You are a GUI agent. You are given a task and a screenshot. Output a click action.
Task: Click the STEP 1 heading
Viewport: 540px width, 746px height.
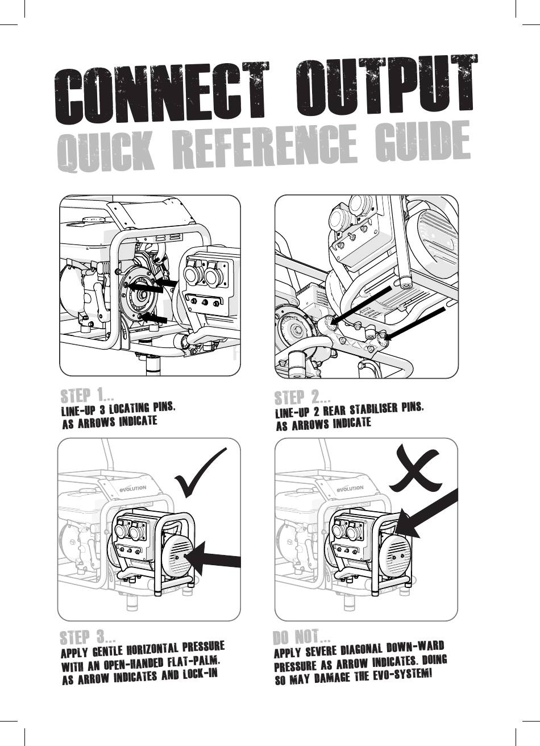click(87, 395)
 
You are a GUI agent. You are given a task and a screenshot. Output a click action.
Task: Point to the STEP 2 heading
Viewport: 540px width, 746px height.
click(302, 397)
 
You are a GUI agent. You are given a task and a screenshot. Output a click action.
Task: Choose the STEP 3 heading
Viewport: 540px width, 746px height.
click(88, 637)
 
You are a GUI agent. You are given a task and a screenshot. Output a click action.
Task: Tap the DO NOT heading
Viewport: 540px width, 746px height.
click(301, 636)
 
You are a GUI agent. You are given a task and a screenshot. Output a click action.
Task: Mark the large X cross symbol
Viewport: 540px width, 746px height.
click(416, 467)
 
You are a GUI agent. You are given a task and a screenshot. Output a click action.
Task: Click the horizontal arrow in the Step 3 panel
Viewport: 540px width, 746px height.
click(213, 562)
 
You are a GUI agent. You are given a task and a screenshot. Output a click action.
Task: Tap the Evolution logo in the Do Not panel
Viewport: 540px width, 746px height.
click(350, 488)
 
